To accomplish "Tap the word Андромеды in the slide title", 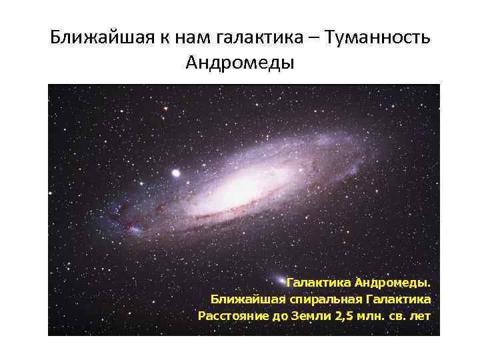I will click(x=240, y=63).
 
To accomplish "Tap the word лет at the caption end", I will click(x=420, y=315).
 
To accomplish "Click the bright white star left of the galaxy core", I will click(x=176, y=173).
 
